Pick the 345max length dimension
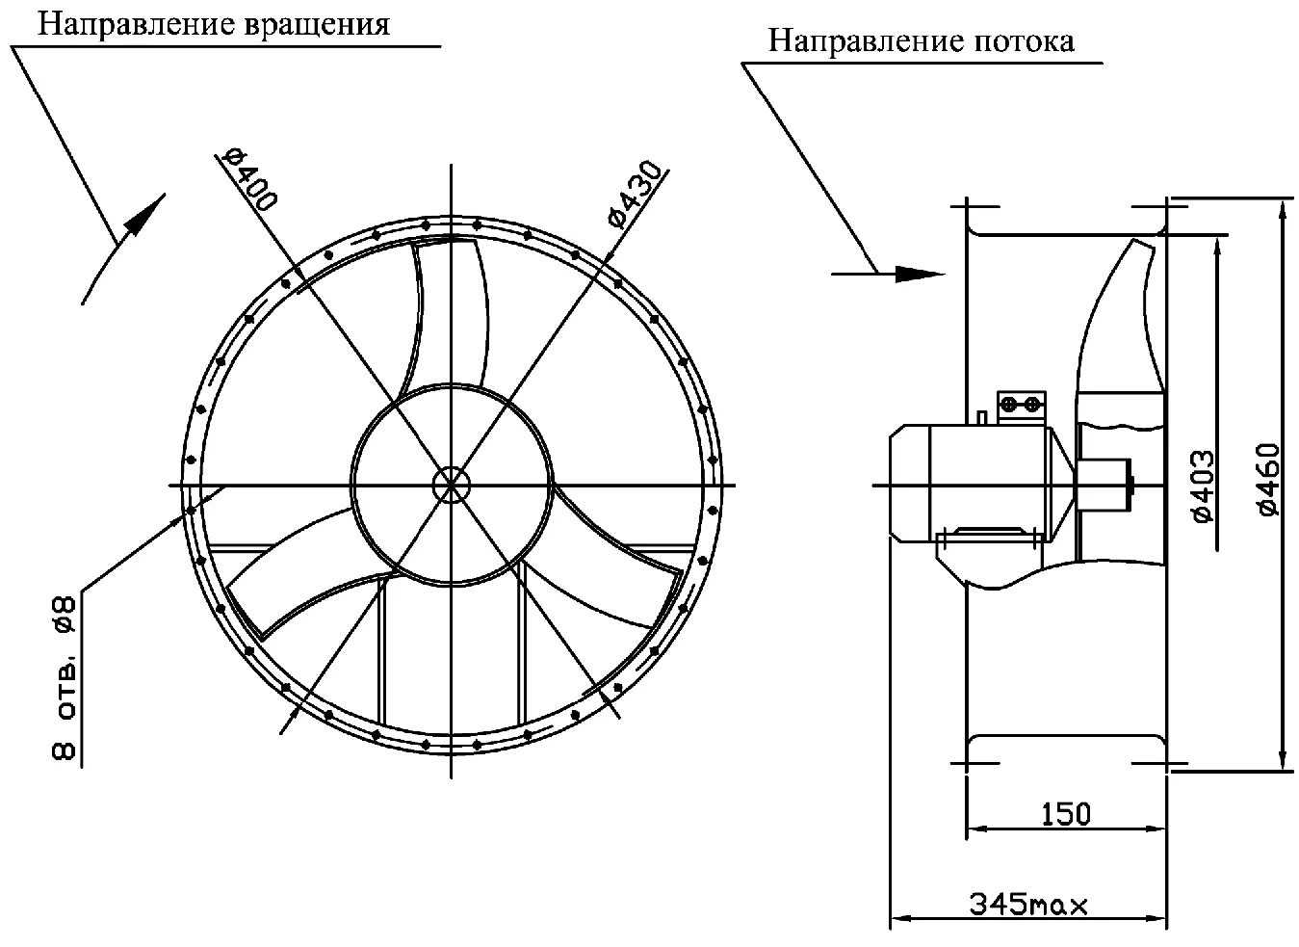[1027, 906]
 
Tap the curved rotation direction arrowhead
[139, 217]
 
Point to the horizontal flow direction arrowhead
[918, 274]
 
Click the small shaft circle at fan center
[450, 484]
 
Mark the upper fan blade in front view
[449, 308]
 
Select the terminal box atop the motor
[1020, 404]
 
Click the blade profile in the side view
[1122, 318]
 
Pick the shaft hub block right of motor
[1104, 481]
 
